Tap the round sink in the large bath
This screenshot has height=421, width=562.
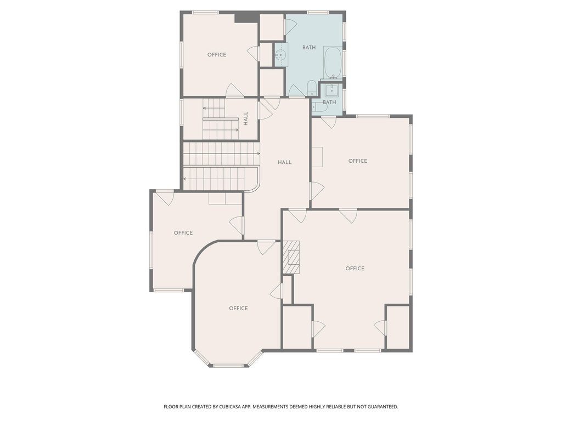pos(280,55)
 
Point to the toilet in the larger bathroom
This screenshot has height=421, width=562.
pos(312,88)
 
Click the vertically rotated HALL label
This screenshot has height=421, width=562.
pos(246,118)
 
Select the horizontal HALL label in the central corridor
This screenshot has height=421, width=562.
pos(285,162)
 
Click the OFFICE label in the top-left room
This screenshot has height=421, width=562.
pos(217,55)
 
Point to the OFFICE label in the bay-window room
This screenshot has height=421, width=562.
pos(238,308)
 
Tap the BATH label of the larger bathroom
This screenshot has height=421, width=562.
pos(309,47)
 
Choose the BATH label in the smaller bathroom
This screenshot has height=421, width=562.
pos(329,103)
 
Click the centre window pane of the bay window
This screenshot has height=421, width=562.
pos(228,366)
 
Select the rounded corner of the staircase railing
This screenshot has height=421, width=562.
pos(255,188)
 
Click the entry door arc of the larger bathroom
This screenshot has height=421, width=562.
pos(296,90)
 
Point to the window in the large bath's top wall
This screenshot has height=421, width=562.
pos(318,13)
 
